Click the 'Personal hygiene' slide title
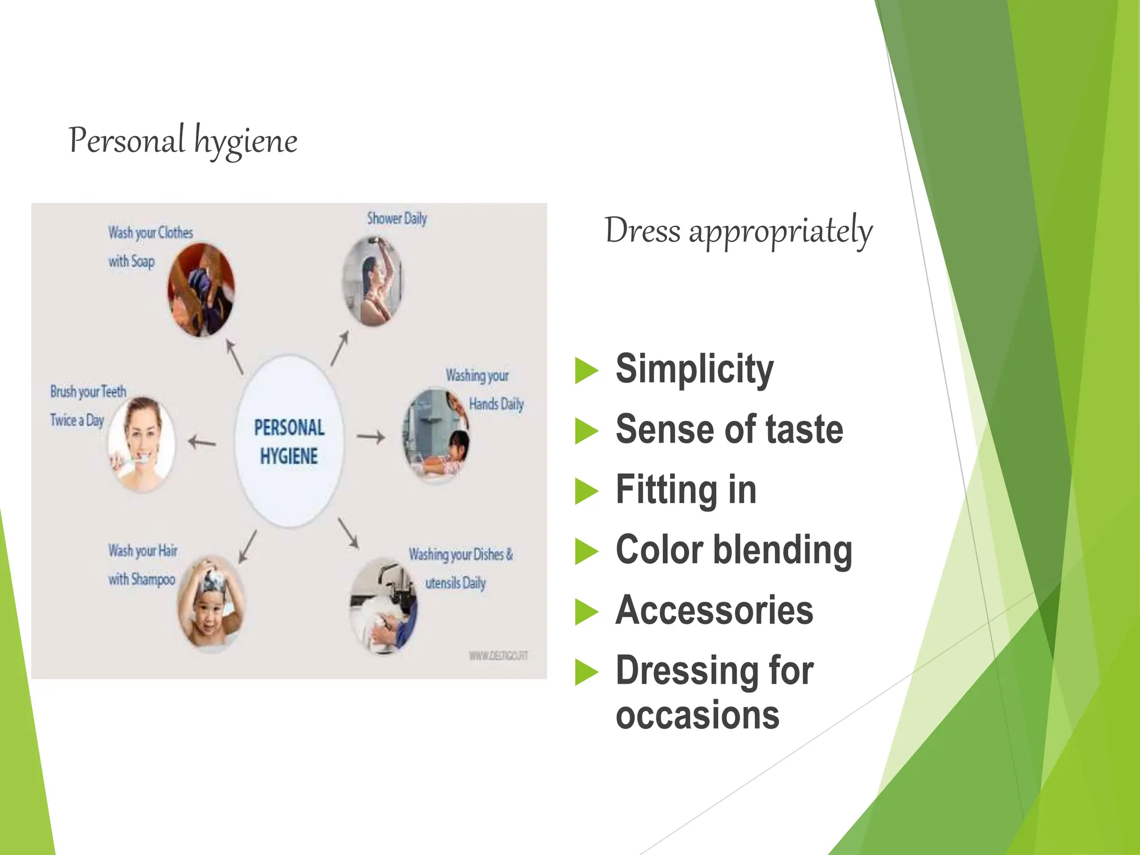tap(183, 140)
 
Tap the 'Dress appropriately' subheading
tap(738, 230)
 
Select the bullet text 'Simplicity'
tap(694, 369)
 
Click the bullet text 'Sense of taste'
tap(729, 430)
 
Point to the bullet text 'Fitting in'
tap(686, 490)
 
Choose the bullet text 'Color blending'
tap(734, 551)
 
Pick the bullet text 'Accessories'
tap(714, 611)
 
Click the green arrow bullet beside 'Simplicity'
tap(586, 371)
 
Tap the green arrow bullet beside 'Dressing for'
tap(586, 672)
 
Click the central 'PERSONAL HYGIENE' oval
tap(289, 441)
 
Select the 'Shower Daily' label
tap(396, 218)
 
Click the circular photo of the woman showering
tap(372, 281)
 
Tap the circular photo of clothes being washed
tap(201, 290)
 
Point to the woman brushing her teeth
tap(142, 444)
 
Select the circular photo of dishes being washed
tap(384, 607)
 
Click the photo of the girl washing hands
tap(436, 435)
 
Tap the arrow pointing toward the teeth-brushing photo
tap(202, 443)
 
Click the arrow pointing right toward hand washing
tap(371, 437)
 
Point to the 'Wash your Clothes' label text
tap(150, 233)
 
